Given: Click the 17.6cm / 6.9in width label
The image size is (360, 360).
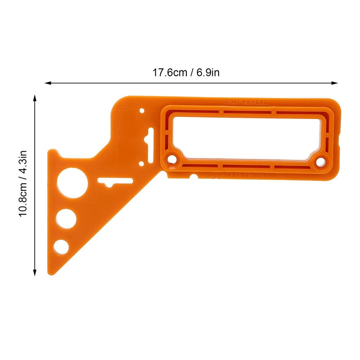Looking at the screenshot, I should coord(186,72).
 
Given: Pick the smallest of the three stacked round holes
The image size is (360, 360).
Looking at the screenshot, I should coord(61,246).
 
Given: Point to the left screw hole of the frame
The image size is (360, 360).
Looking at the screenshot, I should coord(172,159).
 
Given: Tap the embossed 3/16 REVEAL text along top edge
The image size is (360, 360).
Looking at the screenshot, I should coord(246,102).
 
